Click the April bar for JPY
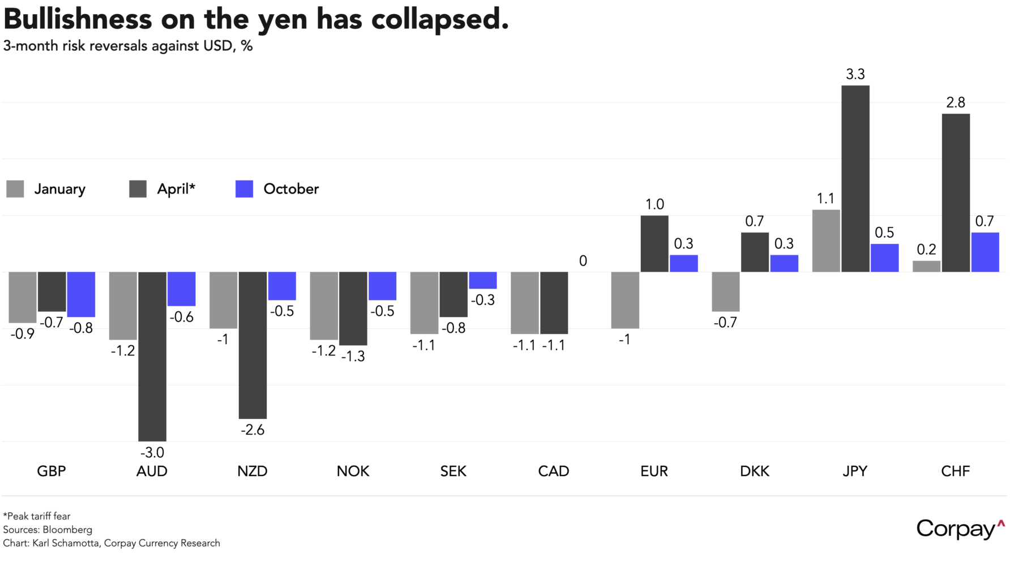(x=855, y=178)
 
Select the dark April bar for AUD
(x=152, y=356)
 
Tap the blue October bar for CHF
(x=985, y=252)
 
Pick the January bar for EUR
(x=625, y=300)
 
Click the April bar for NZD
(x=252, y=345)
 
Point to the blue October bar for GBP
(x=81, y=294)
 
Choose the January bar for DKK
(x=725, y=291)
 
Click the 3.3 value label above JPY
(x=855, y=74)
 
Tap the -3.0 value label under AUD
(x=152, y=452)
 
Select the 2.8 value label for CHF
(x=956, y=102)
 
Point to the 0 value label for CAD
(x=583, y=261)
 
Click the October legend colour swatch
(x=244, y=189)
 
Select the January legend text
(x=59, y=189)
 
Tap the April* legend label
(x=176, y=189)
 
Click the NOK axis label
(x=353, y=471)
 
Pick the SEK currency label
(x=453, y=471)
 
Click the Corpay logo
(x=960, y=529)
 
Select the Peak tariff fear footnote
(x=37, y=516)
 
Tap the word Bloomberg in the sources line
(x=67, y=530)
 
